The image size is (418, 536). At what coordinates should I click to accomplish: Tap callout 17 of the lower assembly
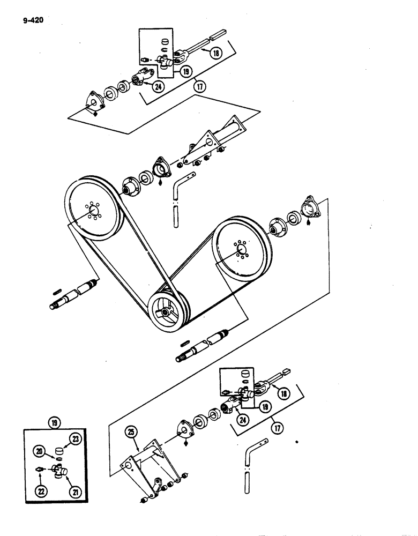pyautogui.click(x=277, y=428)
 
